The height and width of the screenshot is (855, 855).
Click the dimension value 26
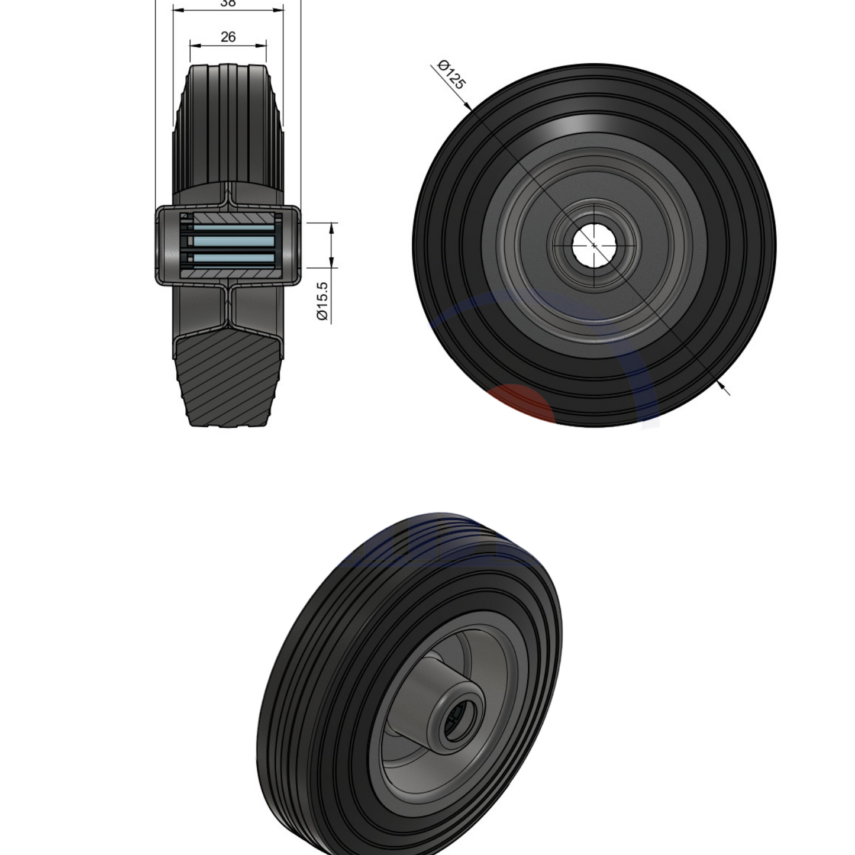tap(228, 37)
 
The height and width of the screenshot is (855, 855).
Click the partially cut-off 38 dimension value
tap(228, 3)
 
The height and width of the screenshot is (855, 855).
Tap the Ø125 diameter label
tap(451, 75)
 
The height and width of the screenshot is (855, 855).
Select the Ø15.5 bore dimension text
tap(322, 301)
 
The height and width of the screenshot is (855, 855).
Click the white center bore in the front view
tap(593, 245)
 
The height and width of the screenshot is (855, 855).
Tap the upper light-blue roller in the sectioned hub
tap(234, 228)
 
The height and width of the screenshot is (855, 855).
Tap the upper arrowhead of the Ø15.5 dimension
tap(332, 227)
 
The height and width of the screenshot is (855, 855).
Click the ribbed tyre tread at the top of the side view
tap(228, 118)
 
